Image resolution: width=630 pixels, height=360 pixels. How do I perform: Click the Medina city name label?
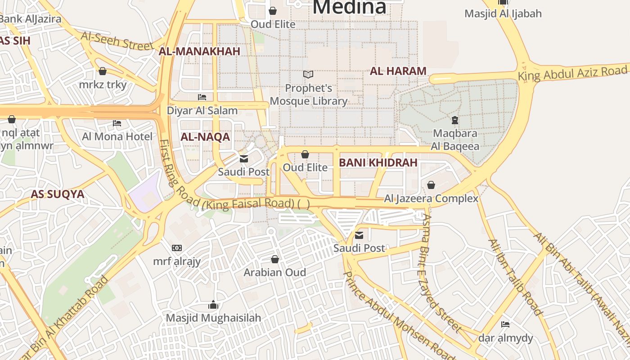pyautogui.click(x=349, y=7)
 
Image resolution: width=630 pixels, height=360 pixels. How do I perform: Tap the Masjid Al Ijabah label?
pyautogui.click(x=503, y=13)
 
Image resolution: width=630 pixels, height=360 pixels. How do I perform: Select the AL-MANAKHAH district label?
pyautogui.click(x=199, y=51)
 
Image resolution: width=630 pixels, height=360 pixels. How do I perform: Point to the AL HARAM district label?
pyautogui.click(x=398, y=71)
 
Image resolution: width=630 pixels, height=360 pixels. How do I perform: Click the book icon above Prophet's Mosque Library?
pyautogui.click(x=308, y=74)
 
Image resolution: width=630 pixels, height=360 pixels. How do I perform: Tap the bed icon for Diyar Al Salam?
pyautogui.click(x=202, y=97)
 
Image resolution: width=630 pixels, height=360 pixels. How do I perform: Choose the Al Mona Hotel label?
pyautogui.click(x=117, y=136)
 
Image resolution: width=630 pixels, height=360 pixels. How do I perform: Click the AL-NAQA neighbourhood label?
pyautogui.click(x=205, y=137)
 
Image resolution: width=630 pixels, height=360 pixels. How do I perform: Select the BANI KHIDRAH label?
pyautogui.click(x=378, y=163)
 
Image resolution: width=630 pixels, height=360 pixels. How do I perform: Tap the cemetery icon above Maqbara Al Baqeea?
pyautogui.click(x=455, y=120)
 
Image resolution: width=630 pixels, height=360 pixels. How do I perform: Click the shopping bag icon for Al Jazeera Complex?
pyautogui.click(x=431, y=185)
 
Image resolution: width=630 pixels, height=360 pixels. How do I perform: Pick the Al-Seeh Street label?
pyautogui.click(x=117, y=40)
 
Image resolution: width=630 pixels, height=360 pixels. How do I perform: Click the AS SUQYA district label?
pyautogui.click(x=57, y=194)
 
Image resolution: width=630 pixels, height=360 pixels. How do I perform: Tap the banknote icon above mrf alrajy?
pyautogui.click(x=177, y=248)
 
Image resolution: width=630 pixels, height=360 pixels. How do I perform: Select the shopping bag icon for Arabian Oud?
pyautogui.click(x=275, y=259)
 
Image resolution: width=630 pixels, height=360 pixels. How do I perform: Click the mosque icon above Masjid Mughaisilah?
pyautogui.click(x=213, y=305)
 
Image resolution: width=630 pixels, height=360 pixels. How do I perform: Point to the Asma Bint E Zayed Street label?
pyautogui.click(x=441, y=273)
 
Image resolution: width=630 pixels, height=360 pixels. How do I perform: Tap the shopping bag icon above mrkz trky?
pyautogui.click(x=103, y=71)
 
